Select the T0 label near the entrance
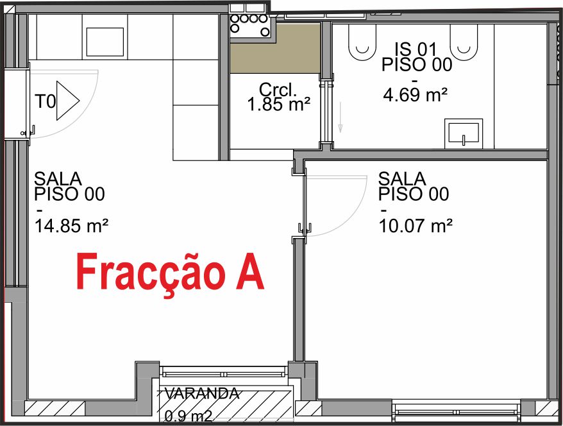pyautogui.click(x=44, y=101)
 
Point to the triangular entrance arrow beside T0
pyautogui.click(x=66, y=101)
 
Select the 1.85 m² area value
pyautogui.click(x=278, y=104)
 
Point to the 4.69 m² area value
pyautogui.click(x=415, y=96)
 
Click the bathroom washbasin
pyautogui.click(x=463, y=133)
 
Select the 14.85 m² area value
pyautogui.click(x=71, y=225)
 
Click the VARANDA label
pyautogui.click(x=202, y=393)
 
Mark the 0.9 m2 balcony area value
pyautogui.click(x=189, y=416)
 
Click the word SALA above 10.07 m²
pyautogui.click(x=402, y=178)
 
